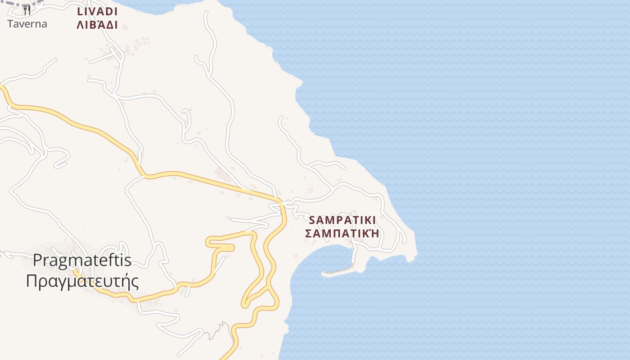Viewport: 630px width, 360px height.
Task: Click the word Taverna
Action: click(x=27, y=24)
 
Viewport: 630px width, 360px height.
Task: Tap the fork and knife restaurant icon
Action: click(x=27, y=10)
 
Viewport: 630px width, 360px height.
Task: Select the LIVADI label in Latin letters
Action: click(x=97, y=12)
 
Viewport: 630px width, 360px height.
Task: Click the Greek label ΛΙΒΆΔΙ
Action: click(x=97, y=25)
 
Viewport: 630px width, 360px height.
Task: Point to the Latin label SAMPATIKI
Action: click(x=342, y=220)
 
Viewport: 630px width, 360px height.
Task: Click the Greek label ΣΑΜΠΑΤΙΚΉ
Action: click(x=342, y=234)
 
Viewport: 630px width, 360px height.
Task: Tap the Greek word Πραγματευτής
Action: click(x=82, y=281)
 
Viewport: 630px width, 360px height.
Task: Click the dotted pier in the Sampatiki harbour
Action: click(x=337, y=271)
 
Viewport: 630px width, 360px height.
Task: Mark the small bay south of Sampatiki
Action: click(x=324, y=259)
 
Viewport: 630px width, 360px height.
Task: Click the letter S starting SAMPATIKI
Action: click(x=313, y=220)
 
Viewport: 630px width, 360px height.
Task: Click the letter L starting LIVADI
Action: click(x=80, y=12)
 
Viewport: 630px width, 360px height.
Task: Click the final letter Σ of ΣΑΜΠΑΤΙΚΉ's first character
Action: click(x=309, y=234)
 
